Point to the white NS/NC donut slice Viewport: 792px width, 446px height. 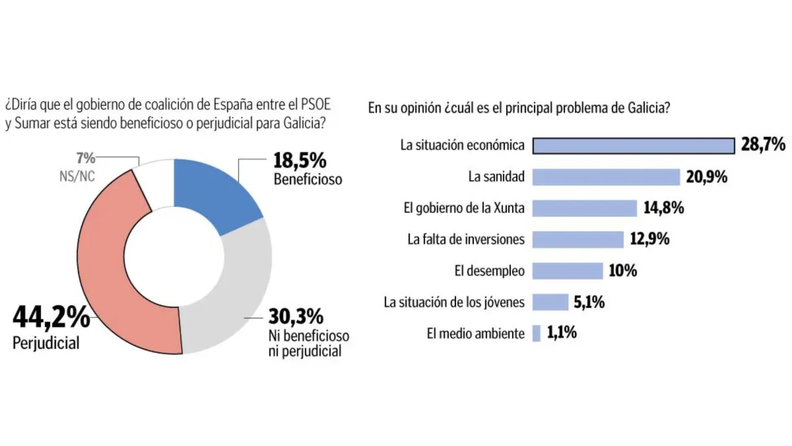[155, 180]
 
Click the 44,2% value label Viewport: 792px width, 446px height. [51, 318]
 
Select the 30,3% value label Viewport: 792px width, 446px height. [296, 317]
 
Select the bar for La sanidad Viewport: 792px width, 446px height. [606, 177]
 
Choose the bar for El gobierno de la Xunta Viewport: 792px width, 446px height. [585, 208]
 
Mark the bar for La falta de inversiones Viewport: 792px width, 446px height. [578, 239]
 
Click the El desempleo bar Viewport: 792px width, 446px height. [567, 271]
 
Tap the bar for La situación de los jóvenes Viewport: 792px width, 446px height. [550, 302]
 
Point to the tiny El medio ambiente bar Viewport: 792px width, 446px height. [536, 333]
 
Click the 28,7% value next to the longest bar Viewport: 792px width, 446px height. [763, 146]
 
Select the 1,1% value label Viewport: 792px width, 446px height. [562, 333]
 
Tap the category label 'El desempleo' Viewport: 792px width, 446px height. [489, 271]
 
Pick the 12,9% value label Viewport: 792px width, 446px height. [650, 239]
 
